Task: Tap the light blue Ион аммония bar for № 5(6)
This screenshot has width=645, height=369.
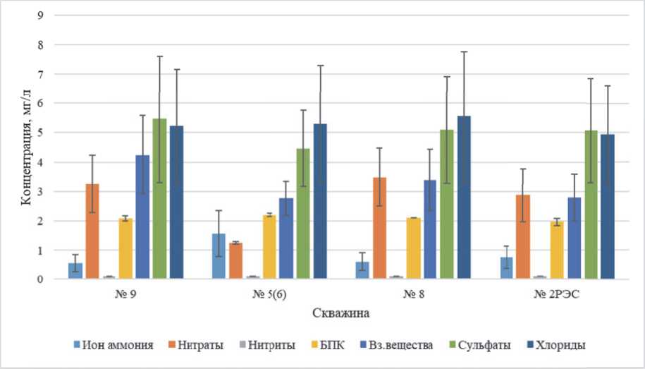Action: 219,257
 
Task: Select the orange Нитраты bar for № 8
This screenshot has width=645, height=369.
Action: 379,229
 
